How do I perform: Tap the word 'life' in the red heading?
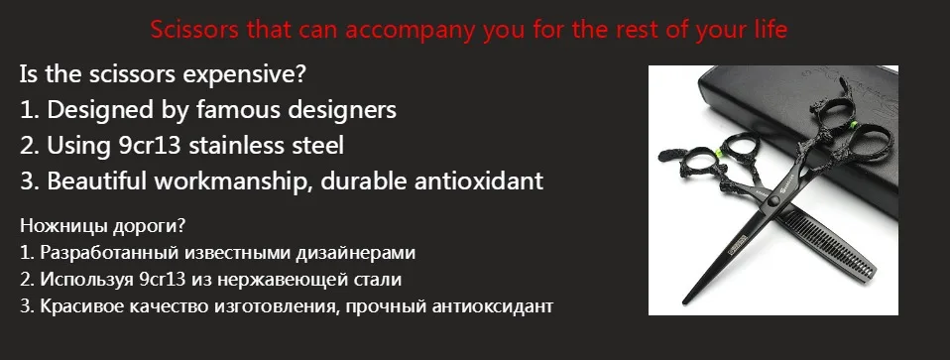pos(768,31)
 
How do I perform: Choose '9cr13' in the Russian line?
pos(160,280)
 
